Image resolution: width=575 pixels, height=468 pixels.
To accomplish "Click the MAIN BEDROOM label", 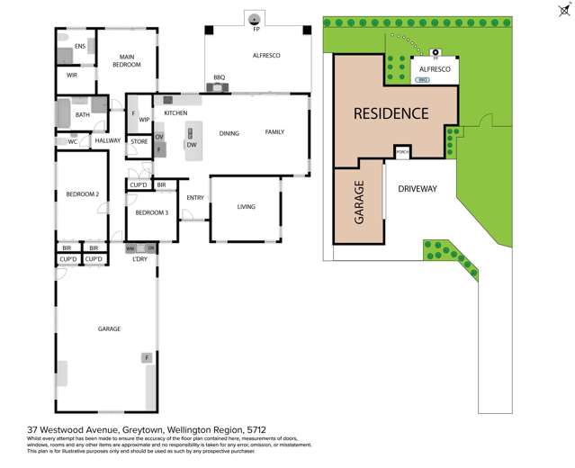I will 127,61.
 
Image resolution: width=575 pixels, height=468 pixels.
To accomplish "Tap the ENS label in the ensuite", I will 80,46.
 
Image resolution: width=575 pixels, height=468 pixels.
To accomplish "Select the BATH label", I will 83,115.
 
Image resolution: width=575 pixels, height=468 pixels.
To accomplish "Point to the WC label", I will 73,141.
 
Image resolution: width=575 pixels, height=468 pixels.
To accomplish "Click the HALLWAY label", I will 108,140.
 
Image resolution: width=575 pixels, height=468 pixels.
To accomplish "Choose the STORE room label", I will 139,141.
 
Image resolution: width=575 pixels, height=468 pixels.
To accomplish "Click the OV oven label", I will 159,137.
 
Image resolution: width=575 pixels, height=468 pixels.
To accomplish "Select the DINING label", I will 229,133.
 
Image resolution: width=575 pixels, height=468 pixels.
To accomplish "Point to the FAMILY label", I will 274,132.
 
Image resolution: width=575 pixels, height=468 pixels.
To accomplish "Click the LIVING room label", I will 246,207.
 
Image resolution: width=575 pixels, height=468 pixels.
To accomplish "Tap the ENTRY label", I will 195,198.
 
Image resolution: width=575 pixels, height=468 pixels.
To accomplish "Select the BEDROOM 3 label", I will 152,212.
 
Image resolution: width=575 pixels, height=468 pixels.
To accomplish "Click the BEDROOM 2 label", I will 82,193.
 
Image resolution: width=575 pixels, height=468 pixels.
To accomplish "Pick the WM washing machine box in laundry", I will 130,247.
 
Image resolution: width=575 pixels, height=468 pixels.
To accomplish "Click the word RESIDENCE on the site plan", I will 391,113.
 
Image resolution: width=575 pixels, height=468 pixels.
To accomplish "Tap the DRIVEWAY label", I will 418,189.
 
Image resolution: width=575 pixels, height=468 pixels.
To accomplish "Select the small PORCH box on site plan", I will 402,152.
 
